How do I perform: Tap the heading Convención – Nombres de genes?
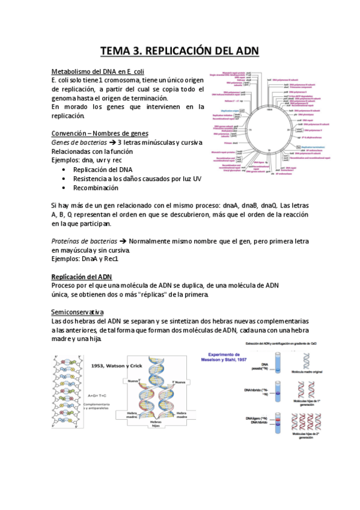tap(100, 133)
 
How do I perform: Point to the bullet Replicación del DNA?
tap(103, 170)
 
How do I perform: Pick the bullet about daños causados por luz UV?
tap(129, 179)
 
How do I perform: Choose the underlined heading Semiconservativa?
tap(78, 312)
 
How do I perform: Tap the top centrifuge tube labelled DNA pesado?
tap(276, 367)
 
